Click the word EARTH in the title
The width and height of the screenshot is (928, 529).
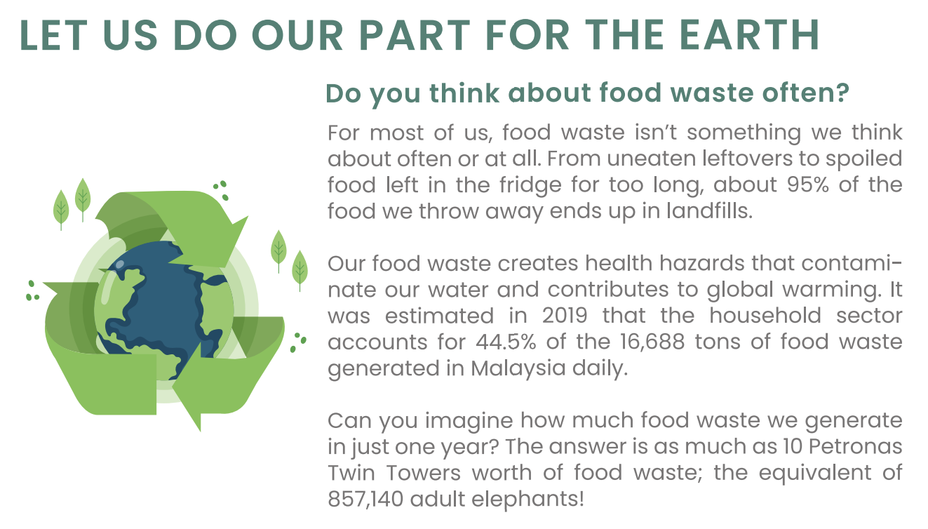(x=749, y=35)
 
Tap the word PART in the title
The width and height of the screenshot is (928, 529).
(x=415, y=35)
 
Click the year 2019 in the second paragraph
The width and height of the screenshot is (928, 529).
(x=565, y=316)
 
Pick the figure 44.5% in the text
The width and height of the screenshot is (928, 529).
(x=506, y=342)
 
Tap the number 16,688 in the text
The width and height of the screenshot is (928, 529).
(x=652, y=342)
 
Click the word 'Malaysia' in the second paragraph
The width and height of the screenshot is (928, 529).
(x=518, y=368)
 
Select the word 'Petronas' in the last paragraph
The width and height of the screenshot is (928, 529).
(x=856, y=447)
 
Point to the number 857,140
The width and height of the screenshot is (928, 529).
(x=365, y=499)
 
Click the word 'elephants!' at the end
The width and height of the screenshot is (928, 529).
(x=528, y=499)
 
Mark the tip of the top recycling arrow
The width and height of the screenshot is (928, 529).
(x=248, y=216)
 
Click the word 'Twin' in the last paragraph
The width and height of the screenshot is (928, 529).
(x=351, y=473)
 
